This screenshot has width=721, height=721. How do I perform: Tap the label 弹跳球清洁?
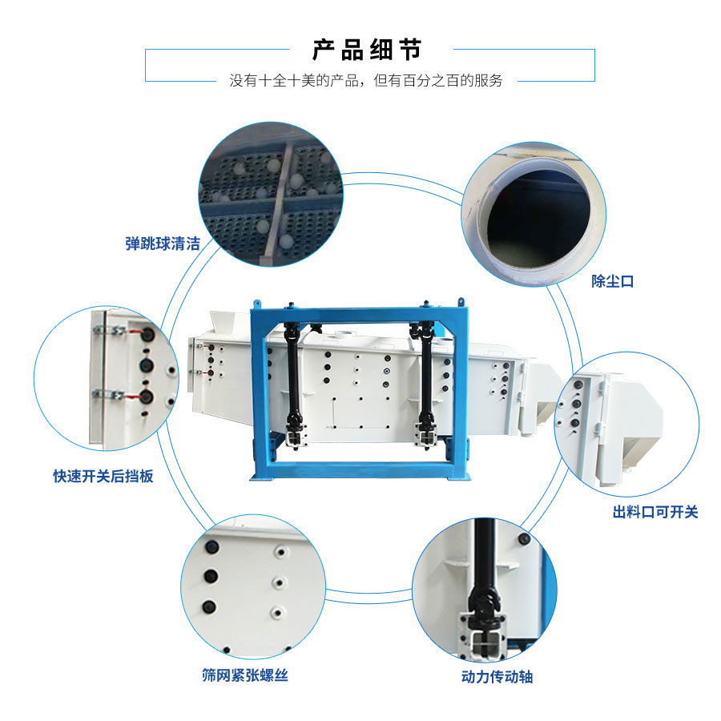click(x=162, y=244)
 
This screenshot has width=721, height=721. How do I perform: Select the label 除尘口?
click(x=613, y=281)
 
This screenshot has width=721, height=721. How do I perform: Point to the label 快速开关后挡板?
click(x=103, y=477)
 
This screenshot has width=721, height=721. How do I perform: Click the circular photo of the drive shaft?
click(x=484, y=588)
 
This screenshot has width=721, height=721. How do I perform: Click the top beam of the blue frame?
click(x=360, y=314)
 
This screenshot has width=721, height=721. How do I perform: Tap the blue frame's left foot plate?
click(x=268, y=477)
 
